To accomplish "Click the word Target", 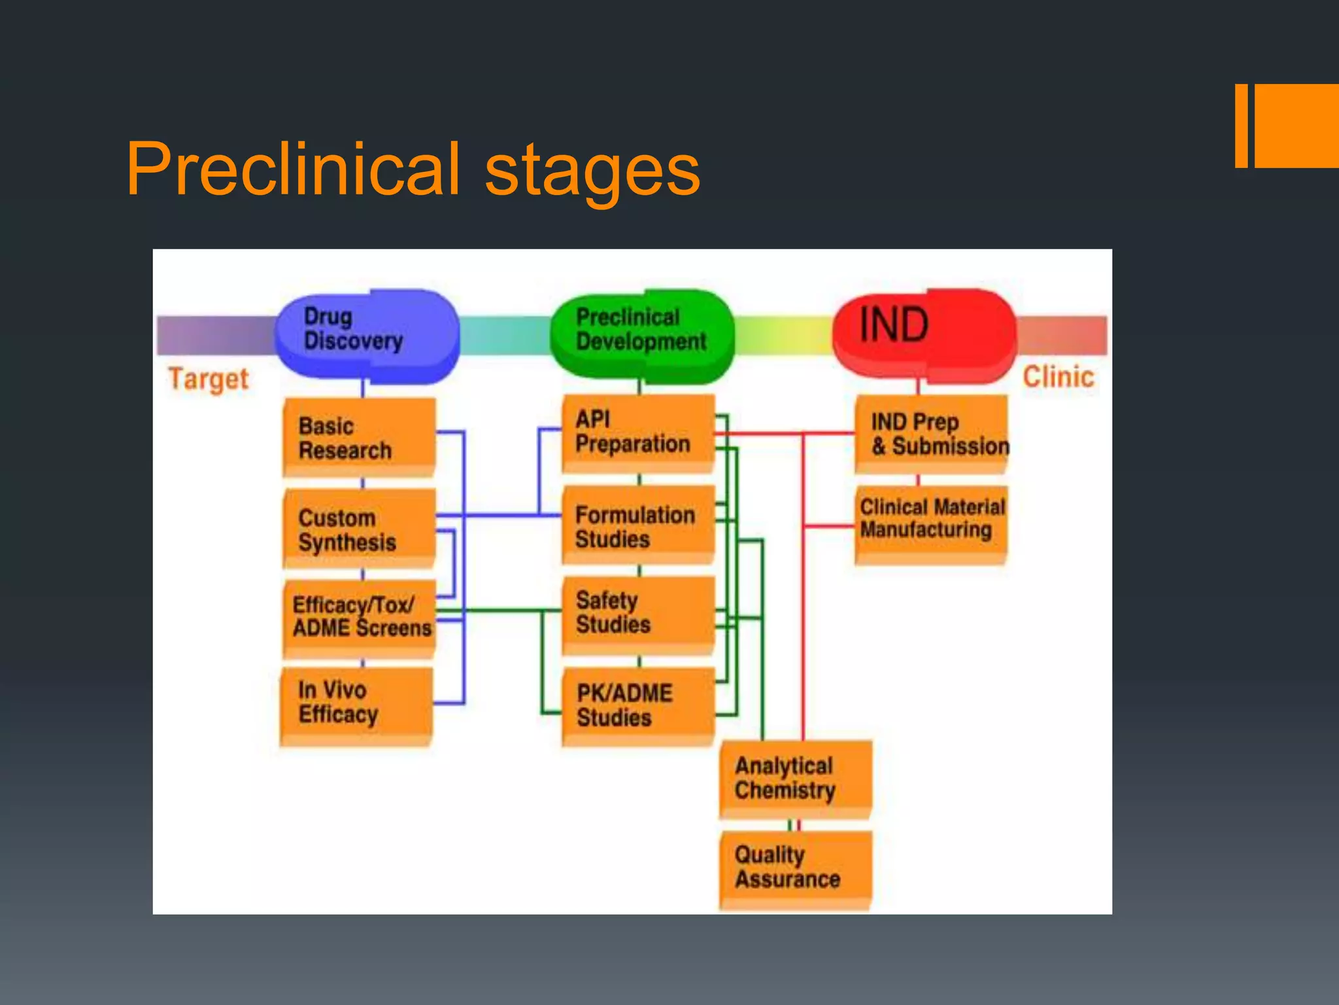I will (209, 379).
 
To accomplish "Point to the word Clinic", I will (1058, 378).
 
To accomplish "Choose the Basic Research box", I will (359, 437).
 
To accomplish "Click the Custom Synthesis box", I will (359, 529).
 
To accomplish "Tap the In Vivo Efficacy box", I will (356, 705).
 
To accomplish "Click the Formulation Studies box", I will (637, 525).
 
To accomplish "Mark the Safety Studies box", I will (637, 614).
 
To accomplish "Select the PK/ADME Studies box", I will (637, 705).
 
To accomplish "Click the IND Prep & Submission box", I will (931, 433).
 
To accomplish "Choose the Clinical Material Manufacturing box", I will (931, 523).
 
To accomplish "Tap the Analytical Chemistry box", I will (796, 779).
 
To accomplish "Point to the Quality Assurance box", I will (796, 869).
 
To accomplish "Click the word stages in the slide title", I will (592, 171).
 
